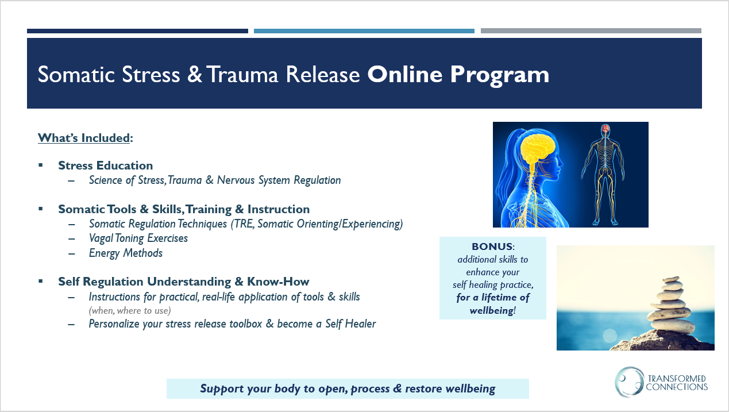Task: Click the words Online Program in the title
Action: (x=458, y=75)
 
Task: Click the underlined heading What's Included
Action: (x=84, y=138)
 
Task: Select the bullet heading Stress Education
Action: (x=106, y=165)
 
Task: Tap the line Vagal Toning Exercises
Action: (x=138, y=238)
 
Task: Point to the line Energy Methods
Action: (x=126, y=253)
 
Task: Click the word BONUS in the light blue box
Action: (x=492, y=247)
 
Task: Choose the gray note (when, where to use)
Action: (x=130, y=311)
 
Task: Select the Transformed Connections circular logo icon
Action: (x=629, y=382)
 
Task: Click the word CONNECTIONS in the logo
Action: (x=677, y=387)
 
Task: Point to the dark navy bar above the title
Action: (x=137, y=31)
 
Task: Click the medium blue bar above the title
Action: (x=364, y=31)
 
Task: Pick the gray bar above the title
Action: (x=591, y=30)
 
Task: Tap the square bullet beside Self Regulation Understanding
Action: (x=41, y=281)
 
